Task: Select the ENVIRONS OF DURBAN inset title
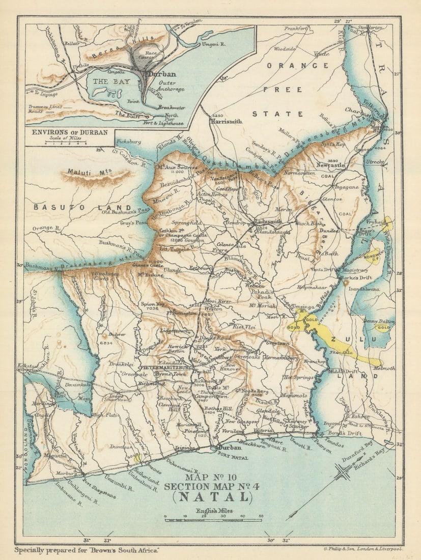pos(70,132)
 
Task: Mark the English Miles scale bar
pos(213,518)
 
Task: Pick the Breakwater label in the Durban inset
pos(170,107)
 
